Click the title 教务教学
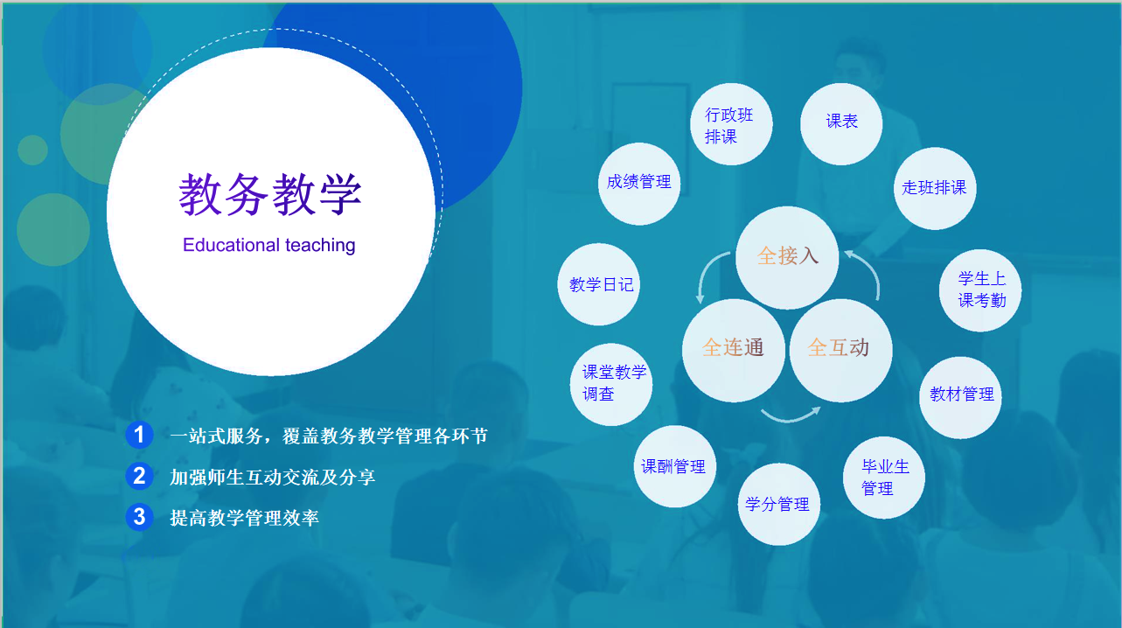pos(270,195)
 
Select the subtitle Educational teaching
pos(269,246)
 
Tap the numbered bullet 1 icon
pos(139,434)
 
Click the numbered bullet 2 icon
pos(139,475)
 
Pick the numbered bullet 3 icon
pos(139,516)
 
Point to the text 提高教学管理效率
pos(245,518)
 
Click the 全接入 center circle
pos(787,257)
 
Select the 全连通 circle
pos(734,350)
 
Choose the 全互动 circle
pos(840,350)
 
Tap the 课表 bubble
pos(841,123)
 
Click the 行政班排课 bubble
pos(731,123)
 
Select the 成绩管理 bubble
pos(639,184)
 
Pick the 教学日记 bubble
pos(598,284)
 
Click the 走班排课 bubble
pos(935,188)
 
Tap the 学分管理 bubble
pos(779,505)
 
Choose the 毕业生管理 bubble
pos(884,478)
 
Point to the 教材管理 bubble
pos(960,398)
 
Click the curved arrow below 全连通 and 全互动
pos(790,419)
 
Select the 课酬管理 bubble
pos(675,466)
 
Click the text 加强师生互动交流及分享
pos(273,477)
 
